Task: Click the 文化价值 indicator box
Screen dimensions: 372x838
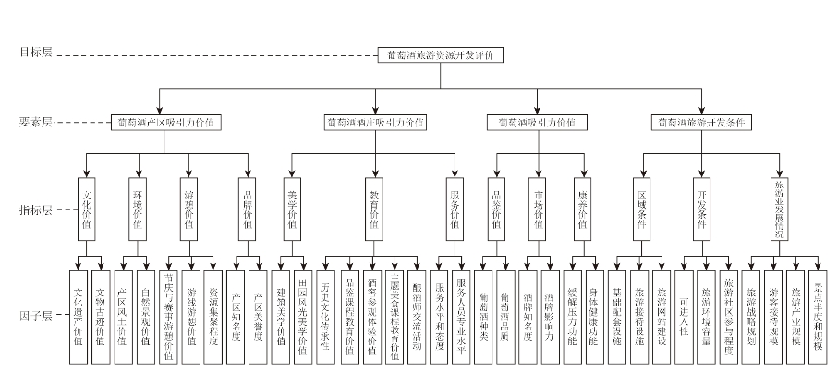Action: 87,210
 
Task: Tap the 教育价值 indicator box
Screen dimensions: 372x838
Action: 374,210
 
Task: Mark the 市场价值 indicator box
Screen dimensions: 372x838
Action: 539,210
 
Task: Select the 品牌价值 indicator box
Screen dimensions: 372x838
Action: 247,210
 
